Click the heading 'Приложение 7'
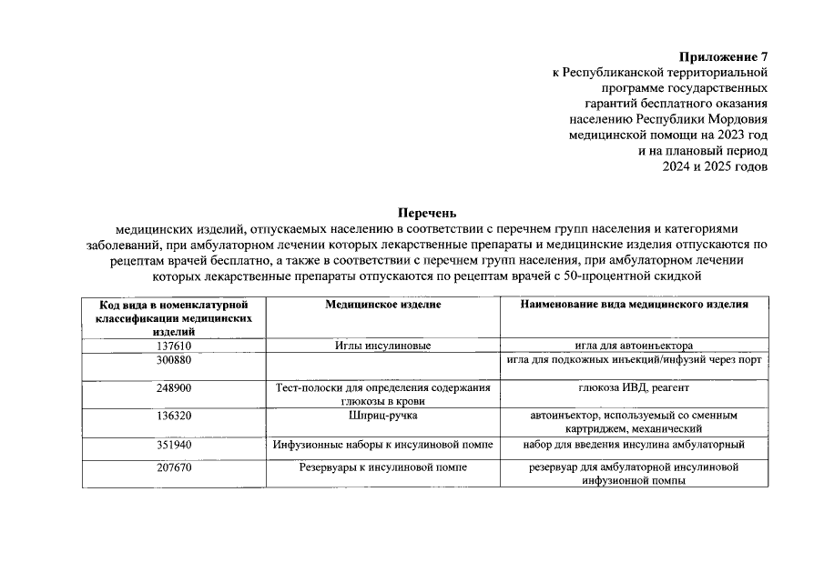(724, 56)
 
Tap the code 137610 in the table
(173, 346)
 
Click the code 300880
(173, 360)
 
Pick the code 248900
(173, 387)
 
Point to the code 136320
(173, 416)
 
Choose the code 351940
(173, 445)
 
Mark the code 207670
(173, 467)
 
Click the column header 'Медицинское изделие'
(383, 306)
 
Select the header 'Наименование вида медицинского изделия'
(634, 306)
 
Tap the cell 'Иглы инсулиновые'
(383, 346)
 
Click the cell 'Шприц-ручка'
(383, 416)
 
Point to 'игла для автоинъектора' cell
(634, 346)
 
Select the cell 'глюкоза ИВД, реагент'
(634, 387)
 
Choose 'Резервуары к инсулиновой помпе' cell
(383, 467)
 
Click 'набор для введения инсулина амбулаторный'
(634, 445)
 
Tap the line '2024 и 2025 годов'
(715, 166)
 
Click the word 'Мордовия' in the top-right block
(738, 119)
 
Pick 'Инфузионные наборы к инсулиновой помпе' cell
(383, 445)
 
